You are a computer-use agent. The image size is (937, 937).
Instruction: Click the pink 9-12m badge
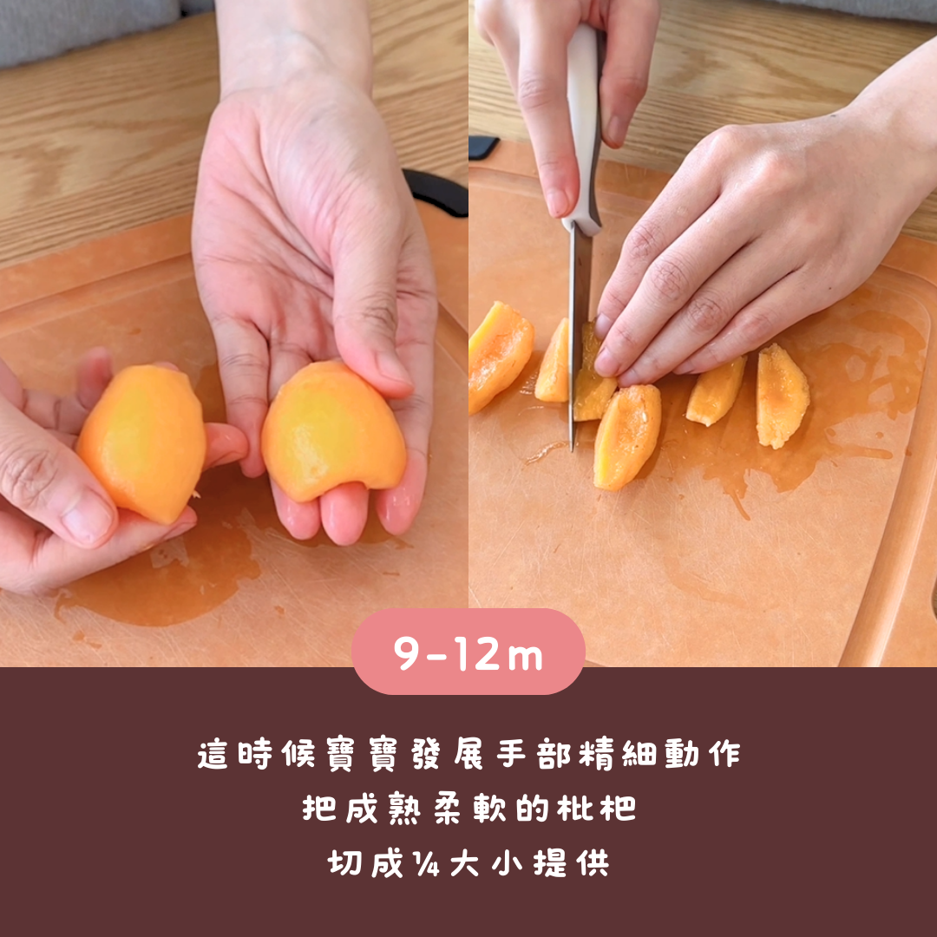point(468,652)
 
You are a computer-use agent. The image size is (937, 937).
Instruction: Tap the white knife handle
point(584,128)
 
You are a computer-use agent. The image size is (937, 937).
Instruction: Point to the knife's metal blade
point(579,335)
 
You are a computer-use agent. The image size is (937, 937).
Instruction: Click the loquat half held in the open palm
point(333,431)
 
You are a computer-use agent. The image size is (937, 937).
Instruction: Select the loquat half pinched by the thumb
point(142,443)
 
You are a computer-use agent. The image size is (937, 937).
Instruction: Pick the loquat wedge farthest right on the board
point(782,396)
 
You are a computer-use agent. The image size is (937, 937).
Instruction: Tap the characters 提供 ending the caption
point(571,863)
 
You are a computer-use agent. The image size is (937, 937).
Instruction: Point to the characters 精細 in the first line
point(619,754)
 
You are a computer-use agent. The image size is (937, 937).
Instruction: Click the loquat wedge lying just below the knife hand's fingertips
point(627,436)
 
